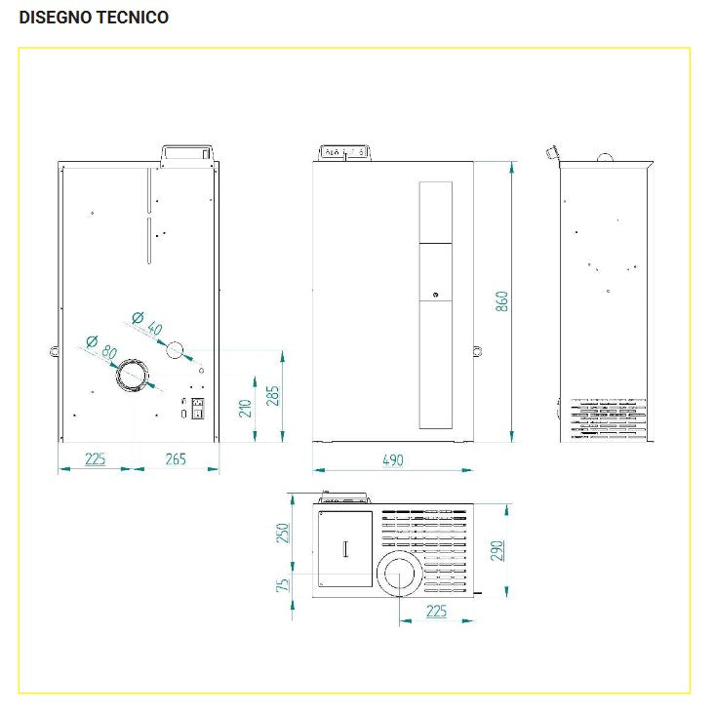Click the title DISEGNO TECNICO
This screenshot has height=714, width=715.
(94, 18)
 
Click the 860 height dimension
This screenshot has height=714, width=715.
(502, 300)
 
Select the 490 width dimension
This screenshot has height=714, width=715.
(392, 460)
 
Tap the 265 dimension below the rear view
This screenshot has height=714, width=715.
(176, 459)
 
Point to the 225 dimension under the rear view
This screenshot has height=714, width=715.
(95, 459)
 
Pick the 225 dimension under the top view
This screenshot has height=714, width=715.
(437, 611)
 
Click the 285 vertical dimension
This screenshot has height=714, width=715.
(273, 395)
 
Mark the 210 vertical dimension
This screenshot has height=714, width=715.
(246, 407)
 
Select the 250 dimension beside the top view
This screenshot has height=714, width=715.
(284, 533)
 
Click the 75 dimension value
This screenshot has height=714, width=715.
(284, 584)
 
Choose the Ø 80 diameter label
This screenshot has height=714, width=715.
(100, 346)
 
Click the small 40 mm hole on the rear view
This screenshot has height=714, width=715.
(176, 350)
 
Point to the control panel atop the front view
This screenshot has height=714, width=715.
(344, 153)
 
